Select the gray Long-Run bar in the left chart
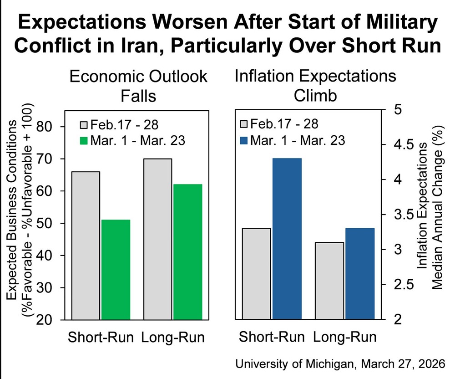(x=157, y=239)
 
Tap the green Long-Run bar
(x=187, y=251)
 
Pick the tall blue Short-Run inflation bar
(x=287, y=238)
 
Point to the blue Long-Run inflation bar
(x=359, y=273)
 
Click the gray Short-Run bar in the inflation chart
(x=257, y=273)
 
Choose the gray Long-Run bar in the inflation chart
(x=329, y=280)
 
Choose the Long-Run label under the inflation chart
(x=345, y=338)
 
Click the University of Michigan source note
(x=340, y=364)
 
